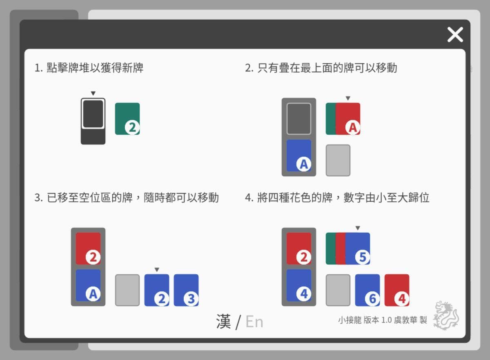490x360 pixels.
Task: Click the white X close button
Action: pos(455,34)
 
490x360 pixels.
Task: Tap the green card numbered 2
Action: pos(127,119)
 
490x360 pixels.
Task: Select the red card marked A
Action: pos(348,119)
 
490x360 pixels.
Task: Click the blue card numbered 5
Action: pos(358,249)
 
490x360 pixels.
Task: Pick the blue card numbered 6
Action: pos(367,290)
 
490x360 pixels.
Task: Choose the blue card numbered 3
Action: pos(186,290)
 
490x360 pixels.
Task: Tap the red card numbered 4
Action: pos(397,290)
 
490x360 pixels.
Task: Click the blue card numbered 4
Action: pos(299,285)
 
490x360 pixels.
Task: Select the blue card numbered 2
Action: pos(157,290)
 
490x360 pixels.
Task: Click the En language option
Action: pos(254,322)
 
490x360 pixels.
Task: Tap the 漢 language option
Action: pos(223,322)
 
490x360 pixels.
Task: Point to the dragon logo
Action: pos(446,315)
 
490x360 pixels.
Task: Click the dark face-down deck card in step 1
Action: pos(93,114)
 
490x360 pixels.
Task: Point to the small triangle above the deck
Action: pos(93,93)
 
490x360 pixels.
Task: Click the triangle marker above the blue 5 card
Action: pos(358,228)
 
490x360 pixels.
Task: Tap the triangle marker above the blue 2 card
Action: pos(157,270)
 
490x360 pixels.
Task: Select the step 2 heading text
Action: pos(321,68)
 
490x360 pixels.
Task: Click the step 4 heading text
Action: pos(337,198)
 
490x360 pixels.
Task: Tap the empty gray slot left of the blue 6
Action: pos(338,290)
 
